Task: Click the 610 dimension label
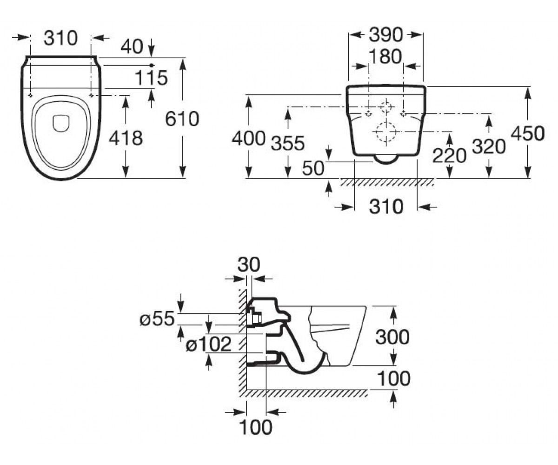182,119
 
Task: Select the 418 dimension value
126,138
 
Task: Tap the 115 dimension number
151,78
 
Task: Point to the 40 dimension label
132,46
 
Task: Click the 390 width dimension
385,35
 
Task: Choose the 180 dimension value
385,57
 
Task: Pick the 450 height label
528,133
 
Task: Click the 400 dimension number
248,139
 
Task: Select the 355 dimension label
288,143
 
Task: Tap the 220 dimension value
449,155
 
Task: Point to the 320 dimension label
489,146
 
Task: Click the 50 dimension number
313,168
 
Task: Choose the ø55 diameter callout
157,319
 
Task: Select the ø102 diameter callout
208,344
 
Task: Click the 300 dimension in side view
392,337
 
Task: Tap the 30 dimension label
248,265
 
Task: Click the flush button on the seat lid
61,124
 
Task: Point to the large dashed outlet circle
385,132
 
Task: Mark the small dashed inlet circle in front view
385,106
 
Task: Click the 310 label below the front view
386,206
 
